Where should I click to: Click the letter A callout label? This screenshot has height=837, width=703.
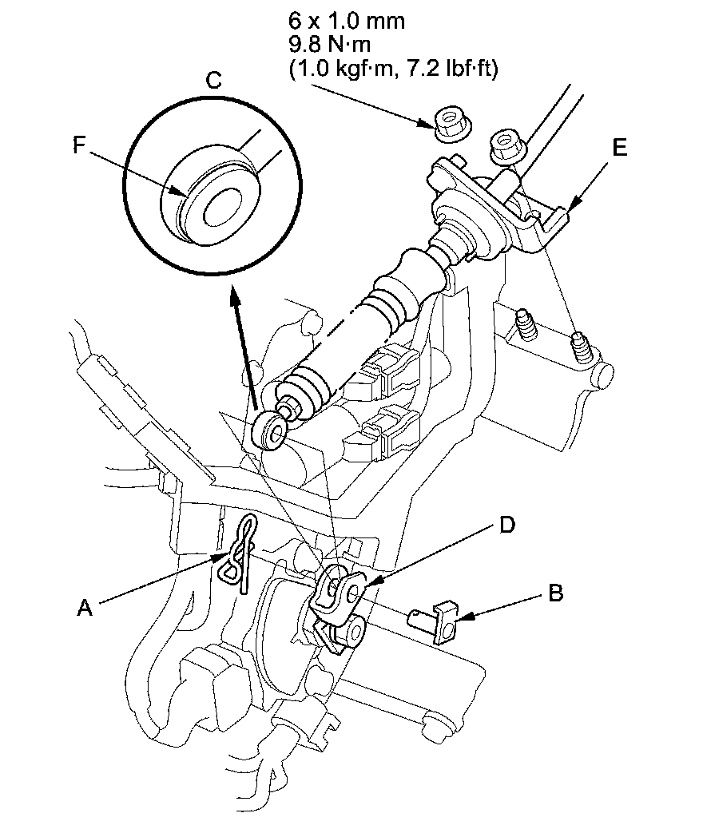coord(85,608)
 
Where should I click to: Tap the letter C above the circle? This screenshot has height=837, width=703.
coord(213,80)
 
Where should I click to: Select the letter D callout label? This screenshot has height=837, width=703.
coord(506,525)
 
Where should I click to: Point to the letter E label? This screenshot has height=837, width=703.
coord(619,147)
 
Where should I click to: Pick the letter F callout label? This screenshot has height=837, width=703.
coord(79,145)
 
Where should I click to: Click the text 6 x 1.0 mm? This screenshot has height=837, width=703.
coord(347,21)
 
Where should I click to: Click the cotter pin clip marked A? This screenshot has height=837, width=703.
coord(238,555)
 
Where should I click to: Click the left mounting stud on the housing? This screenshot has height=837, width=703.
coord(526,324)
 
